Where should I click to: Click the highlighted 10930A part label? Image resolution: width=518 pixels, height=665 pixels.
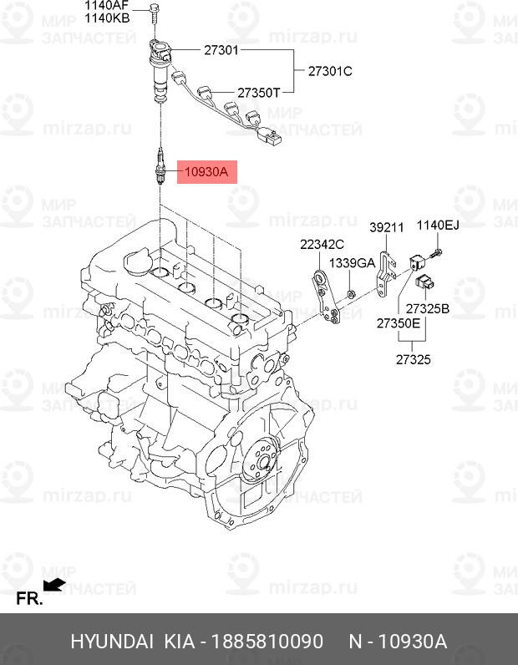pyautogui.click(x=205, y=173)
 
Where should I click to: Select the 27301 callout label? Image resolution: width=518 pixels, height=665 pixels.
pyautogui.click(x=221, y=50)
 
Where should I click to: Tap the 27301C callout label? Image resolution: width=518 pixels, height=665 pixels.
pyautogui.click(x=330, y=71)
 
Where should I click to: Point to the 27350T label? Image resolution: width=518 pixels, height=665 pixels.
pyautogui.click(x=258, y=93)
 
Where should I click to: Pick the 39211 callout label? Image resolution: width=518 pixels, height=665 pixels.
pyautogui.click(x=387, y=226)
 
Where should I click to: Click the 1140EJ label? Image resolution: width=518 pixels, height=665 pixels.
pyautogui.click(x=439, y=225)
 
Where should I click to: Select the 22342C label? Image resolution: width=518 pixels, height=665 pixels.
pyautogui.click(x=322, y=244)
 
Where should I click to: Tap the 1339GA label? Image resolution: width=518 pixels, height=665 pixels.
pyautogui.click(x=352, y=262)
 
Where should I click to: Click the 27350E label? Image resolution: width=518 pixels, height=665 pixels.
pyautogui.click(x=398, y=322)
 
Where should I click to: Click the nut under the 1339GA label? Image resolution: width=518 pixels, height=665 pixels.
pyautogui.click(x=352, y=293)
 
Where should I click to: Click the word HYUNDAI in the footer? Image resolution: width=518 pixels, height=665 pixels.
pyautogui.click(x=111, y=642)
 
